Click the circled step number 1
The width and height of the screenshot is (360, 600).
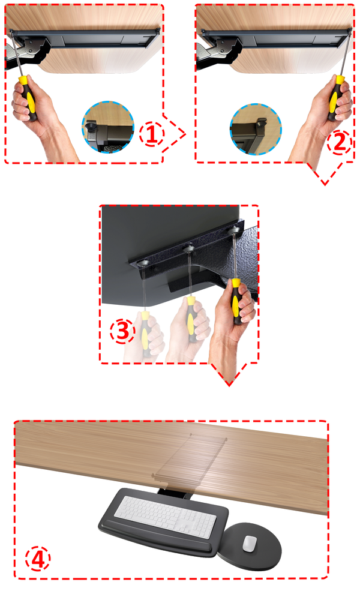pyautogui.click(x=151, y=134)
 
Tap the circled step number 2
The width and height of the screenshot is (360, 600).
pyautogui.click(x=340, y=142)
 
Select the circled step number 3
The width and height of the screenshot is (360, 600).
pyautogui.click(x=122, y=332)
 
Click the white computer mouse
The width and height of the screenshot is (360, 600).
pyautogui.click(x=250, y=543)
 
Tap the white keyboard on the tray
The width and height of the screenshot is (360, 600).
pyautogui.click(x=165, y=516)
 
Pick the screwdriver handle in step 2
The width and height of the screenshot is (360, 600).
pyautogui.click(x=336, y=98)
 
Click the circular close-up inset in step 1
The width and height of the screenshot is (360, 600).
pyautogui.click(x=108, y=127)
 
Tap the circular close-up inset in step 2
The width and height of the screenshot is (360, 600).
pyautogui.click(x=256, y=128)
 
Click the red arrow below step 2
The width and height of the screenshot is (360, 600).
pyautogui.click(x=325, y=174)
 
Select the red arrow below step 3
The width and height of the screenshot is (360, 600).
pyautogui.click(x=229, y=374)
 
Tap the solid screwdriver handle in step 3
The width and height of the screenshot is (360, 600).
pyautogui.click(x=236, y=301)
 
